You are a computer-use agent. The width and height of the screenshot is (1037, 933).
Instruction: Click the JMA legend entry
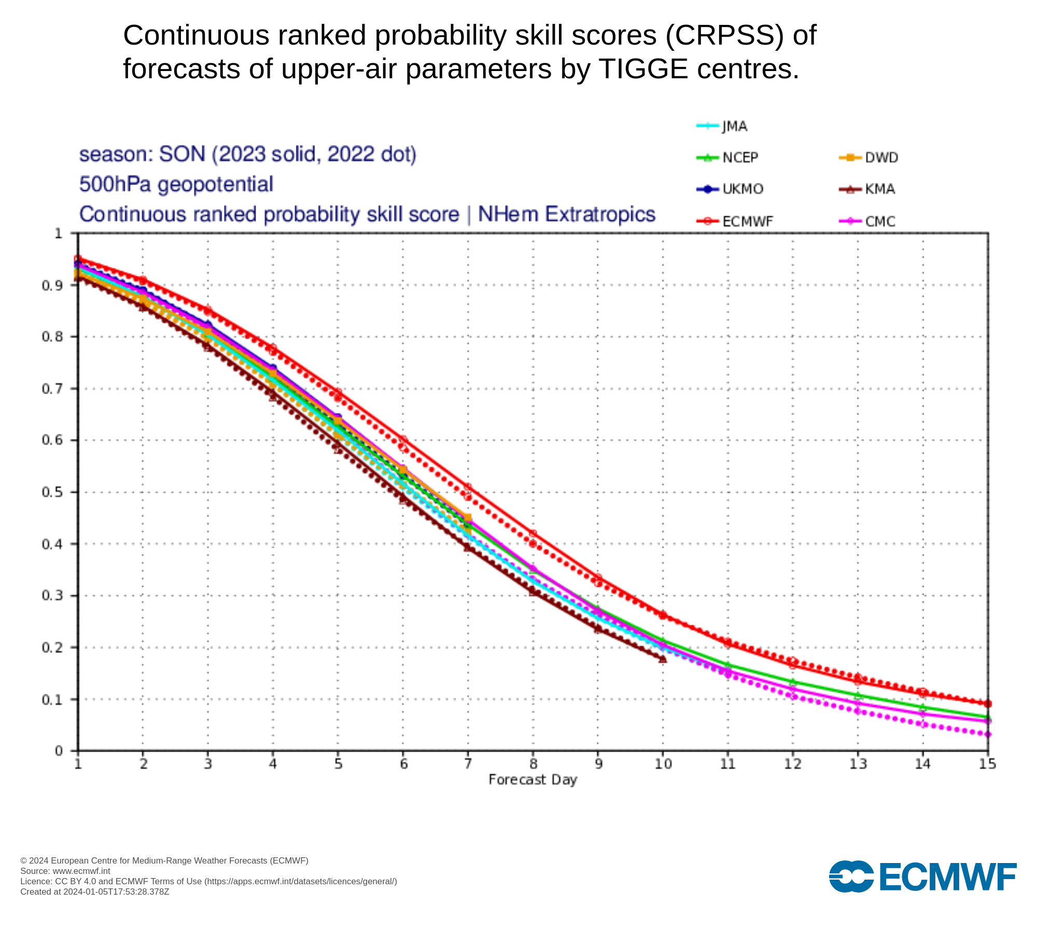[x=722, y=126]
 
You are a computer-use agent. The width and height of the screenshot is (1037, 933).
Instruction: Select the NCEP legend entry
[x=727, y=158]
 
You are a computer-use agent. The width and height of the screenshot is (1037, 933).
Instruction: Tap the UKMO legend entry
[x=730, y=189]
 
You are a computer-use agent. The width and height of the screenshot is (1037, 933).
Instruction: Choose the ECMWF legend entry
[x=735, y=222]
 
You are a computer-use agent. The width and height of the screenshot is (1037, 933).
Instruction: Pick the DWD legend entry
[x=868, y=158]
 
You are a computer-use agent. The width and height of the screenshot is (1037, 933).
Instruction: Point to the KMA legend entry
[x=867, y=189]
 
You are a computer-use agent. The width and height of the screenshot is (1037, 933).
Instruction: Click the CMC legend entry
[x=867, y=222]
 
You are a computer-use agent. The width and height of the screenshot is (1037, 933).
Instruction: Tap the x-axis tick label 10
[x=663, y=764]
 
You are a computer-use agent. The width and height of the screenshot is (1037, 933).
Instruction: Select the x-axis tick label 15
[x=988, y=764]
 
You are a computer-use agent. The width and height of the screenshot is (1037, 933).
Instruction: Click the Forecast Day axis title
[x=533, y=780]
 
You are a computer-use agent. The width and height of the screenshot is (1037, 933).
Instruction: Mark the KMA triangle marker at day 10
[x=663, y=659]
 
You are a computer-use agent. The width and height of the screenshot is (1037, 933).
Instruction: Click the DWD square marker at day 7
[x=468, y=518]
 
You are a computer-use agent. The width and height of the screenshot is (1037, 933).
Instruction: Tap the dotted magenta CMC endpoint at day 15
[x=988, y=734]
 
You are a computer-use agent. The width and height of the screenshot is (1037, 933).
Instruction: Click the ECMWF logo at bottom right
[x=923, y=877]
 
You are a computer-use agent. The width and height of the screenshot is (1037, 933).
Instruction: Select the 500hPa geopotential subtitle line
[x=176, y=185]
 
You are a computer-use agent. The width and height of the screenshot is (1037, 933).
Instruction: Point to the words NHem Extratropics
[x=567, y=215]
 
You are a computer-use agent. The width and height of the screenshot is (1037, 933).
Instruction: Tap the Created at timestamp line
[x=95, y=892]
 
